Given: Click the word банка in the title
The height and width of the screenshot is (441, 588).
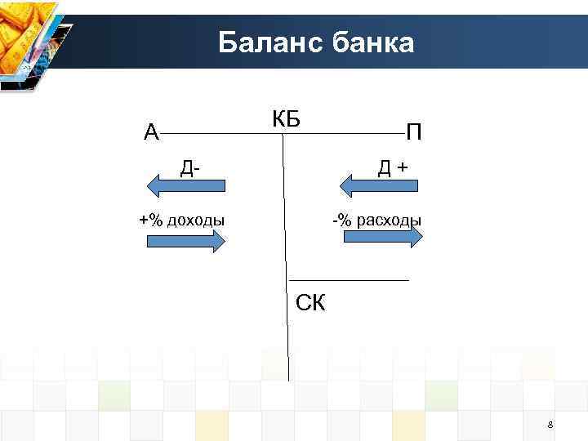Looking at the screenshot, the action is click(373, 42).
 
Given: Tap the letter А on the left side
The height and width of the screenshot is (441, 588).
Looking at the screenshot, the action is click(151, 131).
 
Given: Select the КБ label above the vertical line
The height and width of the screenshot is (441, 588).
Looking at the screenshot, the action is click(286, 119).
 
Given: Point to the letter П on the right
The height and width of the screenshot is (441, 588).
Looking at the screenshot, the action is click(414, 131).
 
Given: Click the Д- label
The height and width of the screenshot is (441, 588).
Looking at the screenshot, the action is click(191, 168).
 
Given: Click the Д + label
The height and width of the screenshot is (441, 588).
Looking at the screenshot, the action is click(392, 168).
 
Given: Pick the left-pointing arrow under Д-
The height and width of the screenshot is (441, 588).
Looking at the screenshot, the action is click(185, 186).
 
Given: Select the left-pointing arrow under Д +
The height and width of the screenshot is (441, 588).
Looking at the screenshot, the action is click(378, 187).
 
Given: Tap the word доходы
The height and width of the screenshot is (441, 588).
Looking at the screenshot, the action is click(196, 220).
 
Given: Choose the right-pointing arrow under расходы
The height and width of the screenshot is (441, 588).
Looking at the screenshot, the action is click(382, 237).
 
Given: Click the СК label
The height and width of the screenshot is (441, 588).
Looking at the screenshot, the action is click(310, 304).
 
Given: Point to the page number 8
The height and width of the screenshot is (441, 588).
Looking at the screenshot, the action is click(550, 425).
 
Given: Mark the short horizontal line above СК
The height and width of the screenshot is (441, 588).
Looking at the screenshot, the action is click(349, 280).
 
